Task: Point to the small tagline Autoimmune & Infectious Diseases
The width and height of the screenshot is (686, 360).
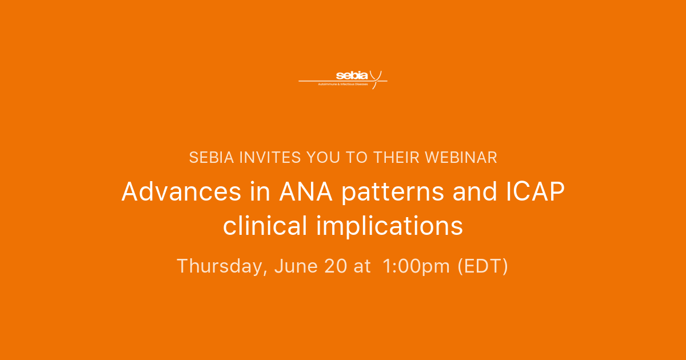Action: point(343,83)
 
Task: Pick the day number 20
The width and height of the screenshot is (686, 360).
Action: point(333,266)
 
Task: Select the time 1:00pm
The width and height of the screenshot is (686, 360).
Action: point(417,266)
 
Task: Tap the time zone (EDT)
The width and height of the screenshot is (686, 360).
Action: point(482,266)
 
